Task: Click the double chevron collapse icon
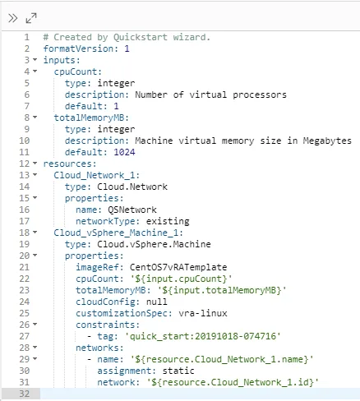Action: coord(12,18)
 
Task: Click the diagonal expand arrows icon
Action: coord(31,18)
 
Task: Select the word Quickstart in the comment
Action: coord(141,37)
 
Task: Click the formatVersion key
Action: coord(79,48)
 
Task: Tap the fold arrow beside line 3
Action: coord(35,59)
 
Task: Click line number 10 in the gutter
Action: coord(24,141)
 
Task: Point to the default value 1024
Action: coord(124,152)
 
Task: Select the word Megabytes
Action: coord(327,141)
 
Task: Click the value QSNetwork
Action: coord(132,210)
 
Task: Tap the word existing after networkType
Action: coord(168,222)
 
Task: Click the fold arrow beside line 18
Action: coord(35,232)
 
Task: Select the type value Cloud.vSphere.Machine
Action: coord(154,244)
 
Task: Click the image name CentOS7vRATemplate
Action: coord(178,267)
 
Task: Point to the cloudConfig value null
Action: coord(156,302)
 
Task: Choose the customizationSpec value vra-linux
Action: coord(203,313)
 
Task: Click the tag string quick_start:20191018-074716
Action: coord(203,336)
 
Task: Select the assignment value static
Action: coord(178,371)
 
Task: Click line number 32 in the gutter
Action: coord(24,394)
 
